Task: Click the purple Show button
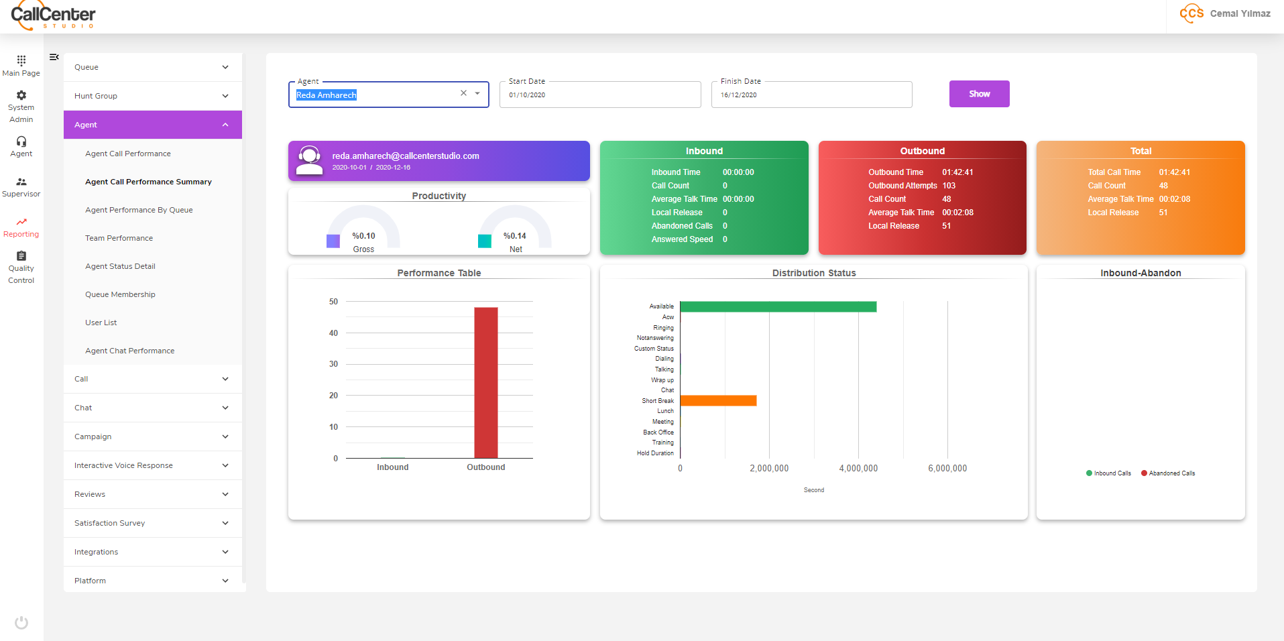point(979,94)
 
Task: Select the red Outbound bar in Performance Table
point(485,382)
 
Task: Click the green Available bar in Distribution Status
point(778,306)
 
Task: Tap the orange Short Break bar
point(718,400)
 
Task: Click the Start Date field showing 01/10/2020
point(599,95)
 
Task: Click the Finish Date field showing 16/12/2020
point(811,95)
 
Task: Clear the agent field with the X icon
point(463,93)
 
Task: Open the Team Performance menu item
point(119,238)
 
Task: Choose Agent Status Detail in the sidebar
point(120,266)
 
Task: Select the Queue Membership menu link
point(120,294)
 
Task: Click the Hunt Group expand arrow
point(225,96)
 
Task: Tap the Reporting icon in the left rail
point(21,222)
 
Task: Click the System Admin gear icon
point(21,95)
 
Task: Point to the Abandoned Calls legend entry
point(1168,473)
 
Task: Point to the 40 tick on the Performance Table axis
point(333,333)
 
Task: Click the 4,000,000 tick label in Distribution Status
point(858,469)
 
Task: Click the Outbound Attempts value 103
point(949,186)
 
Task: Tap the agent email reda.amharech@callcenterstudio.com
point(406,156)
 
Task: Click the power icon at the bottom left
point(21,622)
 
